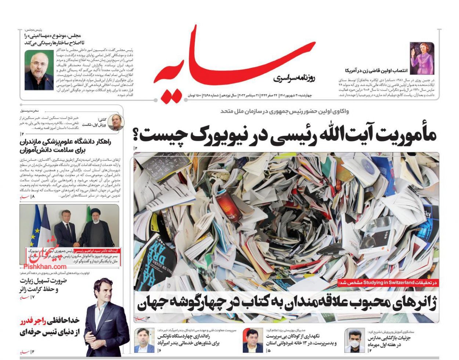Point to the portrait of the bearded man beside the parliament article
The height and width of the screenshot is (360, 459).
click(39, 70)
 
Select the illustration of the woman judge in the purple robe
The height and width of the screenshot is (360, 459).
click(422, 58)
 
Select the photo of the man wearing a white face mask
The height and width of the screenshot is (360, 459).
click(354, 340)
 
